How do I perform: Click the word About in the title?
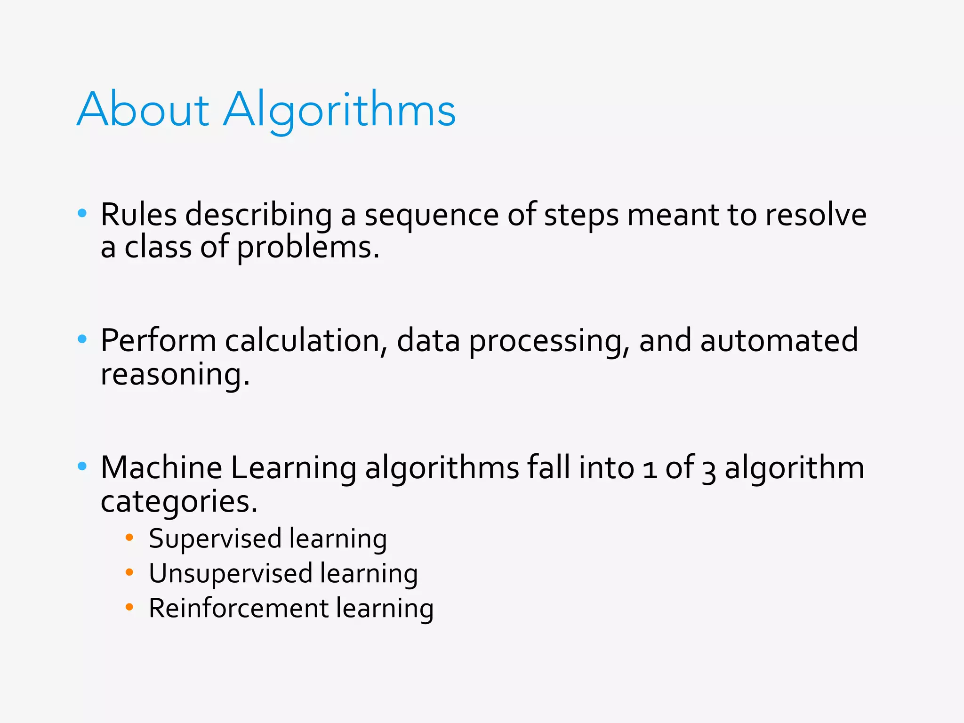tap(143, 110)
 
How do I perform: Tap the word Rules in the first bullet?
tap(139, 215)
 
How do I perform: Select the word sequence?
tap(431, 216)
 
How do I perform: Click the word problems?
tap(308, 248)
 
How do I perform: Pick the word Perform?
tap(158, 341)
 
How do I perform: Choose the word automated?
tap(779, 341)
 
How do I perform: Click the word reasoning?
tap(175, 375)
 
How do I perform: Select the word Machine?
tap(161, 468)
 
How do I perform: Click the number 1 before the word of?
tap(650, 470)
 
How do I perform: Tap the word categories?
tap(179, 502)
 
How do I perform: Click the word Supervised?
tap(215, 539)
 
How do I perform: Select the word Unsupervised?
tap(231, 574)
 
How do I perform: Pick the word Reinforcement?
tap(239, 608)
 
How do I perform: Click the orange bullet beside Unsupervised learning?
tap(129, 572)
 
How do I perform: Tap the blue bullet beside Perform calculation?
tap(82, 339)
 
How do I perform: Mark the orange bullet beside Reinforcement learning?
tap(129, 607)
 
